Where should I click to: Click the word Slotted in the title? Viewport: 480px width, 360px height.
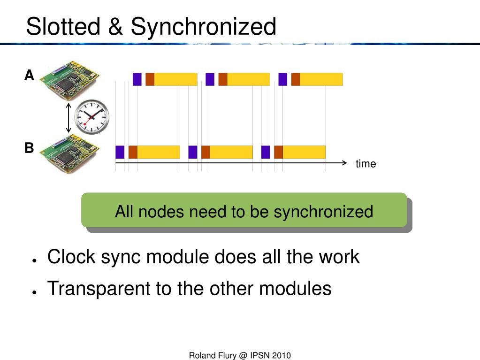[x=63, y=27]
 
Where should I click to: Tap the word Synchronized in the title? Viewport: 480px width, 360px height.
[x=204, y=27]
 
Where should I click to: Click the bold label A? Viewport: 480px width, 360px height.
[x=30, y=75]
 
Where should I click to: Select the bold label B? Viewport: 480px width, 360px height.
[x=30, y=148]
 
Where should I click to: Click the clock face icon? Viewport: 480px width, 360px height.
[x=92, y=117]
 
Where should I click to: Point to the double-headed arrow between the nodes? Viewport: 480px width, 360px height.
[x=69, y=118]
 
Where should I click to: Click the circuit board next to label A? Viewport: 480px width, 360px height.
[x=69, y=79]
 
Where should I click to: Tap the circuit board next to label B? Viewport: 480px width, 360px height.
[x=69, y=154]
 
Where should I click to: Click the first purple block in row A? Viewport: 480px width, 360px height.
[x=137, y=79]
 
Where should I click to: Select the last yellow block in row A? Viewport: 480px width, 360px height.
[x=321, y=79]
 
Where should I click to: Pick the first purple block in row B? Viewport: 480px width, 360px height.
[x=120, y=152]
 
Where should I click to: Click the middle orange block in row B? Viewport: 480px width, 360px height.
[x=206, y=152]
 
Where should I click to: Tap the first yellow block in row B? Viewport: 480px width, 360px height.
[x=159, y=152]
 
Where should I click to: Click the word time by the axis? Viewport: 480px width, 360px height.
[x=366, y=164]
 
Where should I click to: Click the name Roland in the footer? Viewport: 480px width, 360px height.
[x=202, y=355]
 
